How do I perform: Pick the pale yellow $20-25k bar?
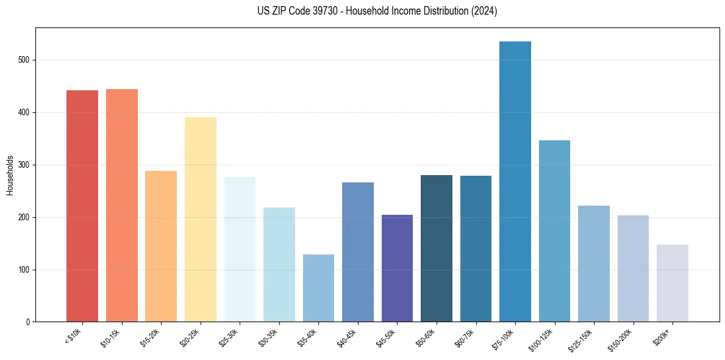click(x=200, y=220)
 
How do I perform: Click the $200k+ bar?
click(x=672, y=283)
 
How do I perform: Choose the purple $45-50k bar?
click(x=397, y=268)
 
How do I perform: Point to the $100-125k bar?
click(x=554, y=231)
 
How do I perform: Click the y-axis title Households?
click(x=10, y=176)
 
